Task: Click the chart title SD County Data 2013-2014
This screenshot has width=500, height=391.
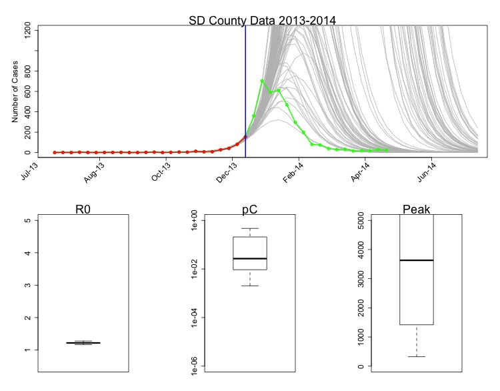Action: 257,19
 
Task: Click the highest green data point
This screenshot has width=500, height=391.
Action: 262,81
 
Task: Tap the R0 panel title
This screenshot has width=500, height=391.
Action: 83,210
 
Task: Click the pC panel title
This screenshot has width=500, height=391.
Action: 250,210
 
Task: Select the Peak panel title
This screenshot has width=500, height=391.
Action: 417,210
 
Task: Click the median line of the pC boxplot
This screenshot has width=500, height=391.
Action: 250,258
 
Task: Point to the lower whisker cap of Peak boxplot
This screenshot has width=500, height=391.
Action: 417,356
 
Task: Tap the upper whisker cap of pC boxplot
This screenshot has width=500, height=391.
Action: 250,229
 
